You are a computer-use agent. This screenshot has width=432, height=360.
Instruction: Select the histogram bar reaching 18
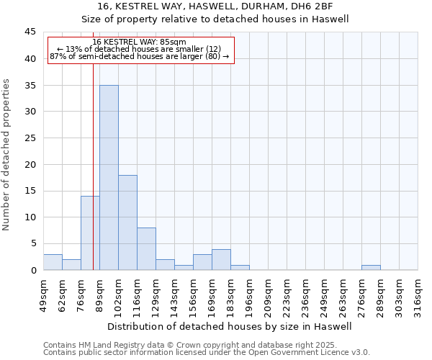127,222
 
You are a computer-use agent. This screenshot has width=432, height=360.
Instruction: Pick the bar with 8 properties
146,249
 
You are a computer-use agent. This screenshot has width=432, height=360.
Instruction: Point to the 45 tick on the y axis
30,32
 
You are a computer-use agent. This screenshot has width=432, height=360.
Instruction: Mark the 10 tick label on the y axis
30,217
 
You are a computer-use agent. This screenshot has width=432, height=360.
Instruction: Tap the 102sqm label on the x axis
118,295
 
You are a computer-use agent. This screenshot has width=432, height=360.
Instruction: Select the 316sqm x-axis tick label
418,295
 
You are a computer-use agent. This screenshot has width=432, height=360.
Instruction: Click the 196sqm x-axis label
249,295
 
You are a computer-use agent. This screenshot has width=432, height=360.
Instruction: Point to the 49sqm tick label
43,295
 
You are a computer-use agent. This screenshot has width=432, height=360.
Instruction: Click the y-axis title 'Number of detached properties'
7,155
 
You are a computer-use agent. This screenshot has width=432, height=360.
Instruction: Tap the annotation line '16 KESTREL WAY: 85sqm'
140,42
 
